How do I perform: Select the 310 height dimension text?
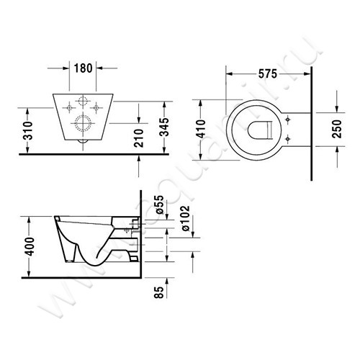click(x=26, y=130)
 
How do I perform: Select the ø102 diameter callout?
click(x=184, y=217)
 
